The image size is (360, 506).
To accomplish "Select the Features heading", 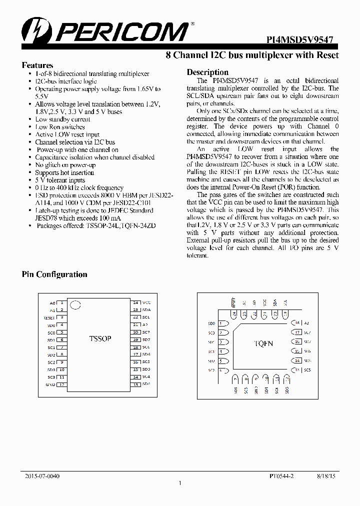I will point(37,65).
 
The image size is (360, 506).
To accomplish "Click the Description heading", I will point(207,72).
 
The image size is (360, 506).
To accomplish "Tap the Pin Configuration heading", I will point(54,274).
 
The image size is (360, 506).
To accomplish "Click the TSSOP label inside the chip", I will point(100,338).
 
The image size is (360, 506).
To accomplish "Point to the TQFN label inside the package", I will point(263,343).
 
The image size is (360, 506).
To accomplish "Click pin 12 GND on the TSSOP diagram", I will point(61,384).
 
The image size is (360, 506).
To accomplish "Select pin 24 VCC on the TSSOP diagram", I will point(135,302).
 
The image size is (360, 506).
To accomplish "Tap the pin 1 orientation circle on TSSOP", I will point(75,304).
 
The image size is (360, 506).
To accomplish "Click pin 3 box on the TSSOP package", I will point(61,317).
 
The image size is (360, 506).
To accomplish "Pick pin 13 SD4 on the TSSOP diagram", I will point(135,384).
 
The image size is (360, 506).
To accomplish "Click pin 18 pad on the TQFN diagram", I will point(296,323).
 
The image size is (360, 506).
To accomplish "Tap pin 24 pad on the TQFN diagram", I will point(233,314).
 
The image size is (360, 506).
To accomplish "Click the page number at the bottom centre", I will point(180,483).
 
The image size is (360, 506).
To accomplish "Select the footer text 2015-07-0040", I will point(42,476).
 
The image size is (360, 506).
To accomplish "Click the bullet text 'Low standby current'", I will point(62,119).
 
